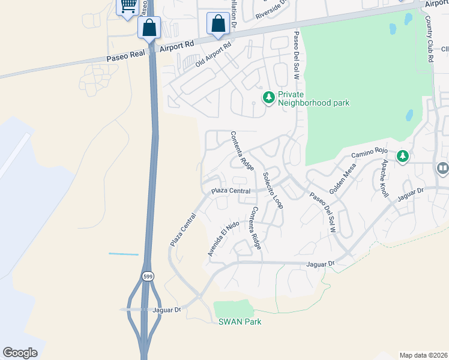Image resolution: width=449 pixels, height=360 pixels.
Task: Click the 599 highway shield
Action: click(148, 276)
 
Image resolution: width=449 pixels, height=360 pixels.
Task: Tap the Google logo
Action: click(20, 353)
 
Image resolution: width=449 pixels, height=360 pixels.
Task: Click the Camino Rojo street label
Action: click(370, 154)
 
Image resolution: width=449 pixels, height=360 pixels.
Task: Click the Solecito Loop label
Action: click(273, 190)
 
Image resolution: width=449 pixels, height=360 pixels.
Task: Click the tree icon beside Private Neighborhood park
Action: click(269, 97)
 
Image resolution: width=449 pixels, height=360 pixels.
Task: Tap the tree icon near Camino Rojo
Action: click(402, 157)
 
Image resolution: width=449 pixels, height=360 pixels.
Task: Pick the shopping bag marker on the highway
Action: click(148, 28)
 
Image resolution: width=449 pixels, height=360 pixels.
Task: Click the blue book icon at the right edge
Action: click(442, 169)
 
